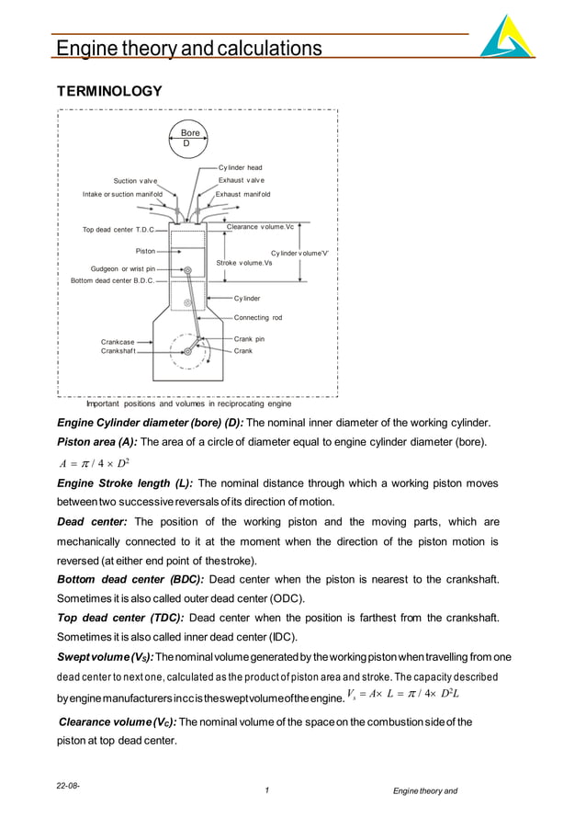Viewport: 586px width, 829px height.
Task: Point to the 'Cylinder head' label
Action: (x=240, y=168)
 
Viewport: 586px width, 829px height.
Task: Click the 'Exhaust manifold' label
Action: (x=242, y=195)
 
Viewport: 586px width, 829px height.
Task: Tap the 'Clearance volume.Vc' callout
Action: (x=260, y=227)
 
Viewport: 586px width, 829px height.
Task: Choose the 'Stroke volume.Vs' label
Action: (x=244, y=263)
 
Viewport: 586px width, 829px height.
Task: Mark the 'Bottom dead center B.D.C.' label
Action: (x=112, y=280)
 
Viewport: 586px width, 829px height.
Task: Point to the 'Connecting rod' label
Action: (x=258, y=317)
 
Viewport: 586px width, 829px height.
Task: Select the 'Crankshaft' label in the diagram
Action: (x=118, y=351)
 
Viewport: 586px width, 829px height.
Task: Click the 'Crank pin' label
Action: (x=249, y=339)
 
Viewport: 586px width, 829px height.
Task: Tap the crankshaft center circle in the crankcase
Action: (x=188, y=351)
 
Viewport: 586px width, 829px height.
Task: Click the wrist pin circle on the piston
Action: (x=187, y=269)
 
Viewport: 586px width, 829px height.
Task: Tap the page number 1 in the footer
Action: (x=265, y=791)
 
